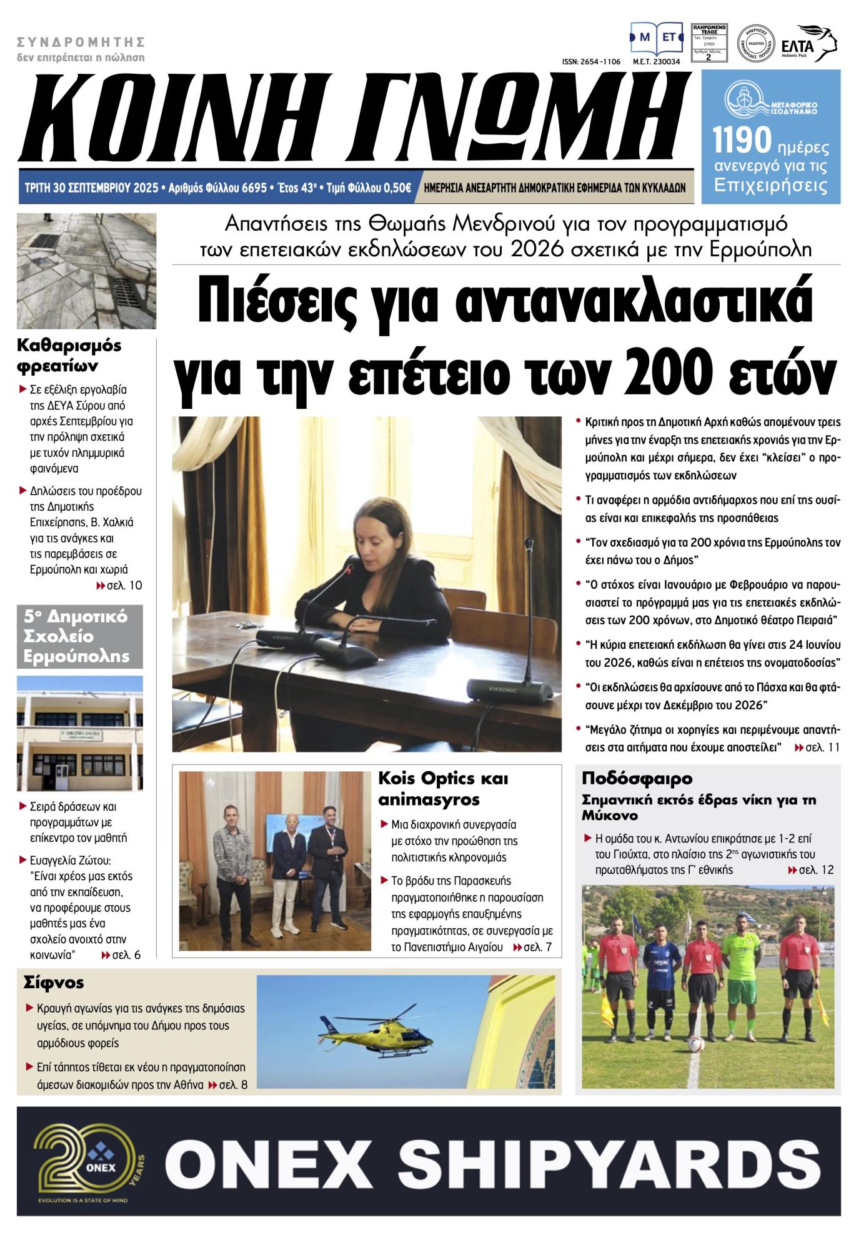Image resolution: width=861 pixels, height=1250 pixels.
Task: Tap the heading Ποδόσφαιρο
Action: tap(637, 779)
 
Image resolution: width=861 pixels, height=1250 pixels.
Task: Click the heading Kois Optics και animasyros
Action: tap(444, 789)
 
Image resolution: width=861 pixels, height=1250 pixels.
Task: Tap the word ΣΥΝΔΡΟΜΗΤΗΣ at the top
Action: tap(81, 42)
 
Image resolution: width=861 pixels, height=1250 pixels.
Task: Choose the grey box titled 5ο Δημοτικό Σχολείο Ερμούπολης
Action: tap(80, 636)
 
